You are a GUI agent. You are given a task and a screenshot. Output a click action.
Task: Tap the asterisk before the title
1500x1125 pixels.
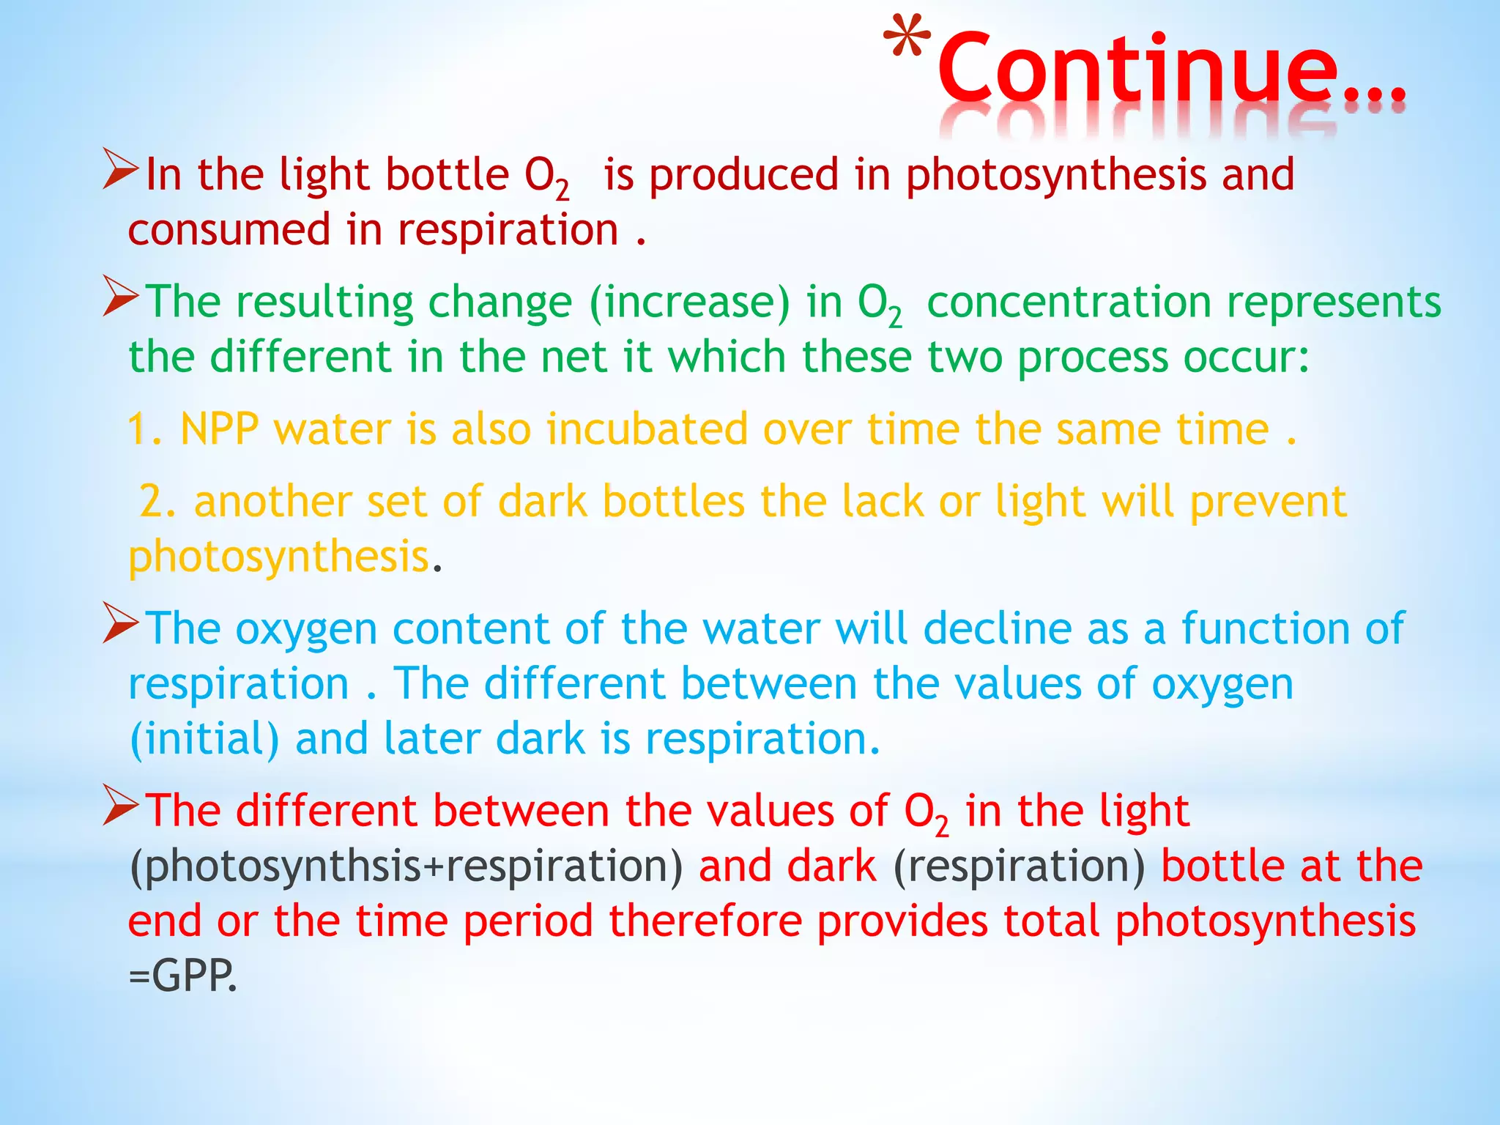point(907,40)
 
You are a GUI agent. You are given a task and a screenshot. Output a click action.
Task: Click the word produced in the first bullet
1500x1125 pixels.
point(744,176)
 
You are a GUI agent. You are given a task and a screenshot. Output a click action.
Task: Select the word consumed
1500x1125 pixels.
point(229,230)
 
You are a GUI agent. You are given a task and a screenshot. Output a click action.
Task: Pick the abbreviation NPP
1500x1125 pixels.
point(219,429)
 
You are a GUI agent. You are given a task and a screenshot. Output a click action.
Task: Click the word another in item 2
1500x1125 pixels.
point(272,502)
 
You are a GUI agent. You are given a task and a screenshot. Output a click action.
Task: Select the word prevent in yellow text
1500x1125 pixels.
point(1268,502)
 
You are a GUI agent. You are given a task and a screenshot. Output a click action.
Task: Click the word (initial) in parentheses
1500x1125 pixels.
point(204,738)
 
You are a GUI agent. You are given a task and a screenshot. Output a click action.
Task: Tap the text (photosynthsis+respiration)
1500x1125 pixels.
point(405,866)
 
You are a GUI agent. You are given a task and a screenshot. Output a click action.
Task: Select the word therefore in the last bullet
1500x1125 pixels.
point(705,921)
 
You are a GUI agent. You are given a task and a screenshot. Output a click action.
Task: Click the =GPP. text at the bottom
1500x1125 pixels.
point(183,976)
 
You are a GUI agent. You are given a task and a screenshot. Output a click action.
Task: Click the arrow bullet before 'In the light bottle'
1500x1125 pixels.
point(120,169)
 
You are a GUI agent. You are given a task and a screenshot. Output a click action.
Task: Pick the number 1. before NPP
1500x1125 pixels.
point(144,429)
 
